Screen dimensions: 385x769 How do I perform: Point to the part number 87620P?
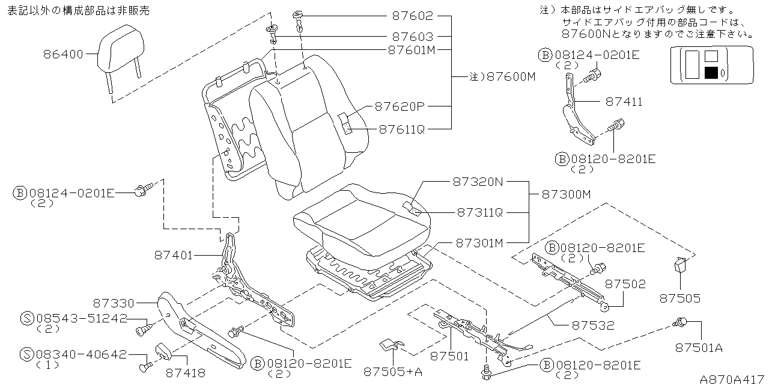[400, 107]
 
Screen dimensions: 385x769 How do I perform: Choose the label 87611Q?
[401, 129]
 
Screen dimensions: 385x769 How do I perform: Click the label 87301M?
[479, 243]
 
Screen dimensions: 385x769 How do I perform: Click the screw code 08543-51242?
[82, 319]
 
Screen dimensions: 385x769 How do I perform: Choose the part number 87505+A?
[393, 372]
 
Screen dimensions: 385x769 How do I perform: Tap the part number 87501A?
[698, 347]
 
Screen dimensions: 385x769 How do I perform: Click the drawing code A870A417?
[732, 379]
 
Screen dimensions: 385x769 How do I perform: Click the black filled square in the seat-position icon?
[711, 73]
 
